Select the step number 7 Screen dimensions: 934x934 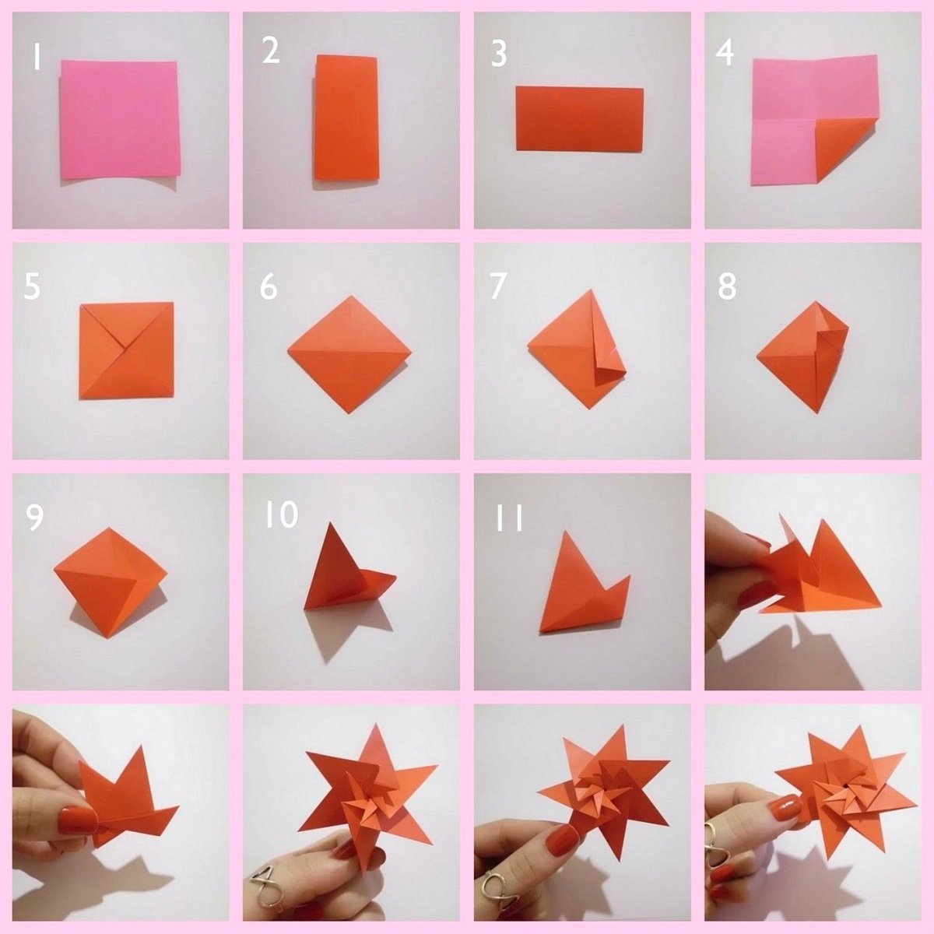click(498, 286)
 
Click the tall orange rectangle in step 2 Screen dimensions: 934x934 click(346, 118)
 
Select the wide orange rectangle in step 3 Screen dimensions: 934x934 click(580, 119)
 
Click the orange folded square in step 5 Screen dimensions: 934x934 click(127, 350)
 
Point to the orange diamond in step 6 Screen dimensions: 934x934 click(349, 354)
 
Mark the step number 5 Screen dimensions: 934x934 click(32, 286)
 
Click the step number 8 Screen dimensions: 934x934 click(727, 286)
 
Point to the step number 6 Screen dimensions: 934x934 click(269, 286)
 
